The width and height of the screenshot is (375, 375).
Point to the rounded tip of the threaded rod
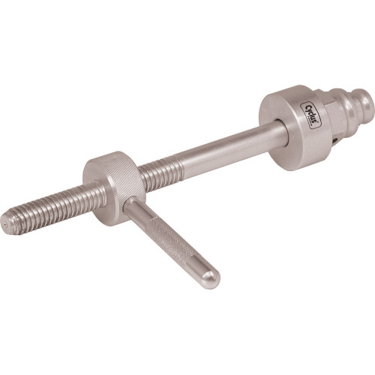pyautogui.click(x=7, y=222)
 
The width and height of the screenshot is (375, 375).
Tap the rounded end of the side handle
pyautogui.click(x=211, y=279)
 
